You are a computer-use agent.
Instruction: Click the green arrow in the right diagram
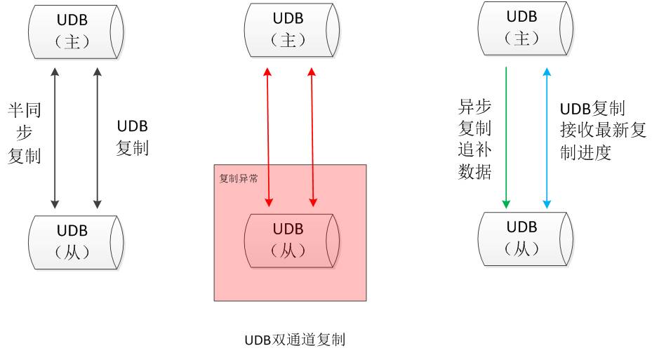pyautogui.click(x=505, y=138)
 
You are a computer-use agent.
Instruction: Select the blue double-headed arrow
pyautogui.click(x=547, y=138)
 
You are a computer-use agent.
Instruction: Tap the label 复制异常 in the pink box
pyautogui.click(x=239, y=178)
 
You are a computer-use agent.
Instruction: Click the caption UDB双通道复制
pyautogui.click(x=295, y=340)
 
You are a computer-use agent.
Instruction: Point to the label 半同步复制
pyautogui.click(x=25, y=133)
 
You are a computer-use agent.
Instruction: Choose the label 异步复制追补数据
pyautogui.click(x=474, y=140)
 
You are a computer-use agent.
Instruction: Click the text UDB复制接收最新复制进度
pyautogui.click(x=603, y=131)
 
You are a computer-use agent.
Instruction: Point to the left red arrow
pyautogui.click(x=268, y=138)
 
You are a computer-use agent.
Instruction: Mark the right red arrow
pyautogui.click(x=312, y=138)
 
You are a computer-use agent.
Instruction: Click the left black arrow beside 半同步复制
pyautogui.click(x=54, y=138)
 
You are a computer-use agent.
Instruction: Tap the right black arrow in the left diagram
pyautogui.click(x=96, y=138)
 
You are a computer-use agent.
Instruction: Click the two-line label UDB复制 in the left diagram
pyautogui.click(x=132, y=138)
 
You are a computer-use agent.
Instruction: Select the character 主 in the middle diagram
pyautogui.click(x=288, y=41)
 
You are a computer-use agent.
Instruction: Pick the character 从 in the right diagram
pyautogui.click(x=521, y=248)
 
